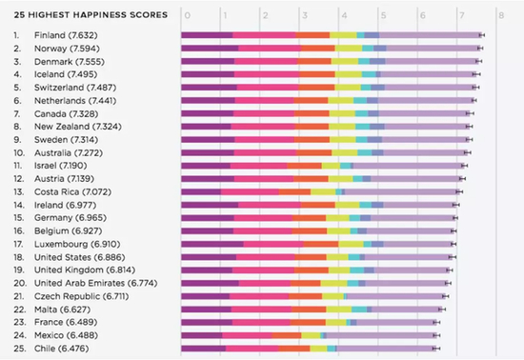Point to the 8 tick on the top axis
point(501,15)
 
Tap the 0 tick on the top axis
point(187,15)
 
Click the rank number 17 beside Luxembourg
point(17,244)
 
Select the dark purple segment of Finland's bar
point(207,35)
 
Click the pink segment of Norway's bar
point(266,48)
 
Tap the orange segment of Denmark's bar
point(316,61)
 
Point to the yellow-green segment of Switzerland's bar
point(346,87)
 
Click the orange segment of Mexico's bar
point(288,335)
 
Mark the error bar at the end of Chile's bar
point(436,349)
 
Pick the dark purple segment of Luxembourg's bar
point(212,244)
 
